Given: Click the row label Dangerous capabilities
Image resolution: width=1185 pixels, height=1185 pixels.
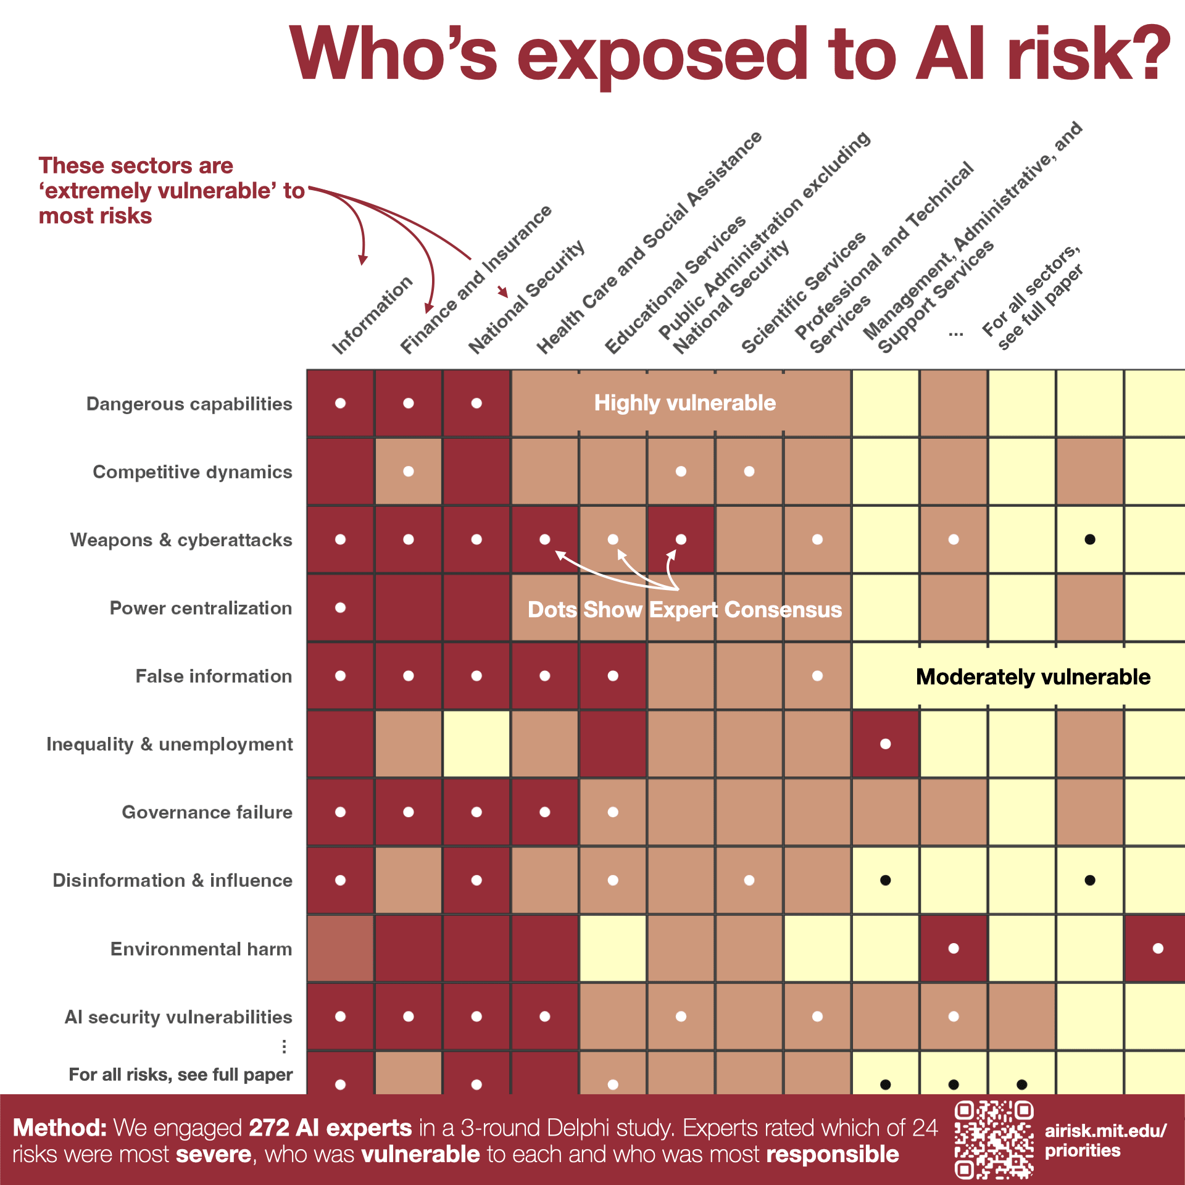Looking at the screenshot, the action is pos(189,404).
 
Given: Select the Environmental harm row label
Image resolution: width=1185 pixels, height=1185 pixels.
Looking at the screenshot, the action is pos(201,949).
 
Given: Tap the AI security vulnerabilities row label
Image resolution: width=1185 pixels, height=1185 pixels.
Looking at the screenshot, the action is pos(178,1017).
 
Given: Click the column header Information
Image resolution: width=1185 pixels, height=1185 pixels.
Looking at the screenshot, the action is pos(372,315).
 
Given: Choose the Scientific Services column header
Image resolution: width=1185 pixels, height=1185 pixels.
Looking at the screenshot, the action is pos(804,293).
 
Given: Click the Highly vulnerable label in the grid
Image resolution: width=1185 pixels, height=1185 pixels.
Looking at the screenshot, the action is pos(685,403).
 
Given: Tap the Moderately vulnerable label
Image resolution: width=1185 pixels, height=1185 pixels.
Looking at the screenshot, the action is pos(1033,677).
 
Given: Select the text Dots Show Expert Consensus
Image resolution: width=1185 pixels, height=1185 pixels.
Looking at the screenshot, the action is pos(685,610).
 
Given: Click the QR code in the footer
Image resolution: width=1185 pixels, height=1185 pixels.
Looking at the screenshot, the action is pos(994,1139).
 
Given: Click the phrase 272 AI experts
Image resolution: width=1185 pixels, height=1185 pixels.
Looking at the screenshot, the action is pos(330,1128).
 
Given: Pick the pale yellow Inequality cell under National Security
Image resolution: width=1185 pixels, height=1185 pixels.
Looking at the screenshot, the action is pos(476,744).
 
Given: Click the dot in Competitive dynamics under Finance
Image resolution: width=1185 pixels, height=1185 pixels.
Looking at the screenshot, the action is pos(409,472).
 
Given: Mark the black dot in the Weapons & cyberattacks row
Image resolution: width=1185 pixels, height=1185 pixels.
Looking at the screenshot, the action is pos(1090,539).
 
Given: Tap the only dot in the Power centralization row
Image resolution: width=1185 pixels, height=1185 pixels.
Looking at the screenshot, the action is pos(340,608).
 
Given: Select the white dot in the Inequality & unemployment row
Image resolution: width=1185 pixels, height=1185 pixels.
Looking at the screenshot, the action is pos(886,744).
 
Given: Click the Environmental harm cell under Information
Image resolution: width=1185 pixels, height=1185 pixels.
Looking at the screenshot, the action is pos(340,949).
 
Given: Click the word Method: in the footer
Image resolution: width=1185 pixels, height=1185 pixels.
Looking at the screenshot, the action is pos(60,1128).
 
